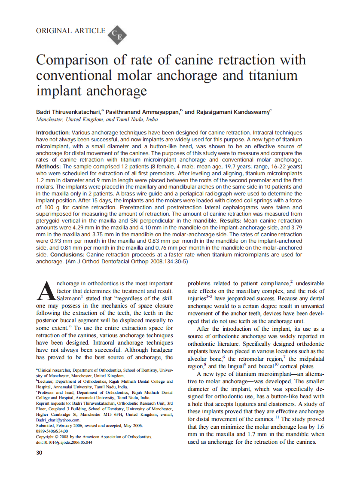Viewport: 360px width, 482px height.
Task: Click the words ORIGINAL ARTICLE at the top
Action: (x=70, y=31)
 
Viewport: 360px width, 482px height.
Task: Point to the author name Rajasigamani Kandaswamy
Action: (x=232, y=112)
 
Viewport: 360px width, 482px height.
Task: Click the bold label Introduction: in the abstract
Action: (x=53, y=133)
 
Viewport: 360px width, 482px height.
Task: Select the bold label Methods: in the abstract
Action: (x=49, y=166)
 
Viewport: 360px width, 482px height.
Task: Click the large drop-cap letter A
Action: (x=46, y=291)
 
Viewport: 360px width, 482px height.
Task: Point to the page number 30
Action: (x=39, y=453)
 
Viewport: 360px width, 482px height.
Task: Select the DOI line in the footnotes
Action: (x=64, y=442)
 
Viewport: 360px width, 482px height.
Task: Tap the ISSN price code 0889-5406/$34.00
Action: (x=52, y=431)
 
